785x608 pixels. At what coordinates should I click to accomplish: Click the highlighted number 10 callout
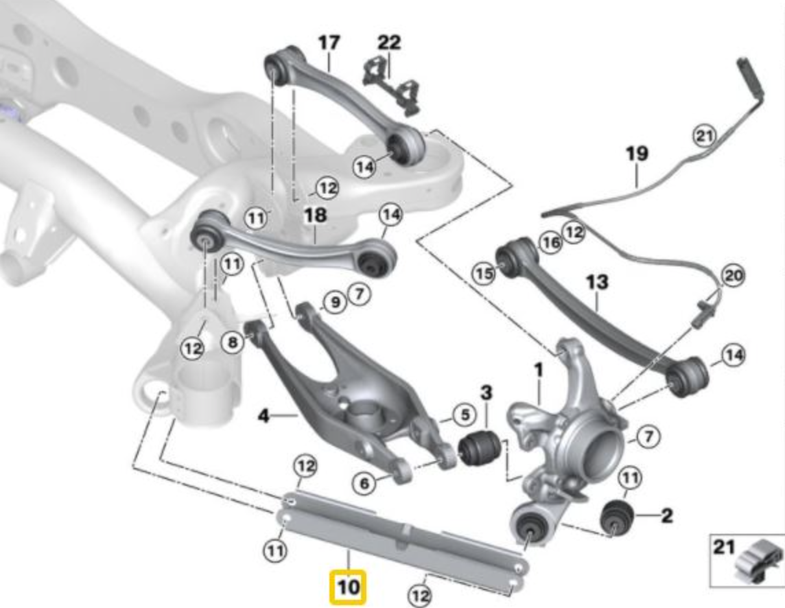point(349,587)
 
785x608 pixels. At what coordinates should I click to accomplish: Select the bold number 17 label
point(329,43)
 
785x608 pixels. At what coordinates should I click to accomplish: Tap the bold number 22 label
point(388,43)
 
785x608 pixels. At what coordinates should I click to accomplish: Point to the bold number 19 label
point(637,153)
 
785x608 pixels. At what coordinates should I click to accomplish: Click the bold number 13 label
point(597,282)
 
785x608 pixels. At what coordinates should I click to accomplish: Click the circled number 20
point(732,276)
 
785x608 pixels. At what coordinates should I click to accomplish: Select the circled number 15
point(484,273)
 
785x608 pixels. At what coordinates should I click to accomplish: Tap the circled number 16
point(550,242)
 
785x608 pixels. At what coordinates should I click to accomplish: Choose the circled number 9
point(335,302)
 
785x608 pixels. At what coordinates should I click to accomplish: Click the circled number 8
point(235,342)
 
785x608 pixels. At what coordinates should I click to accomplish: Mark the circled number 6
point(364,484)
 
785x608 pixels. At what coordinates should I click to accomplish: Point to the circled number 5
point(465,414)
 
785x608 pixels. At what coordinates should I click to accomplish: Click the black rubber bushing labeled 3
point(480,447)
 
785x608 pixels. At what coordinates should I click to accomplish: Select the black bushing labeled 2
point(617,517)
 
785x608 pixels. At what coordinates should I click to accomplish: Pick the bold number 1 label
point(539,371)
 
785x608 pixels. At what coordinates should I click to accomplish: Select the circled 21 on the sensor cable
point(703,136)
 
